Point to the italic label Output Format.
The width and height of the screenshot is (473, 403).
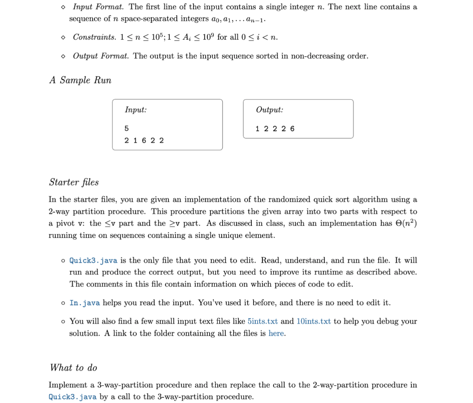point(101,56)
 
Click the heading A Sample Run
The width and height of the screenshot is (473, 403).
point(80,80)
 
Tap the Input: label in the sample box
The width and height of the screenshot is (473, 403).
point(136,110)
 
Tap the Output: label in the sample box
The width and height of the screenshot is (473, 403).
point(269,110)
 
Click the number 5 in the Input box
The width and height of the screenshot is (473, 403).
point(127,128)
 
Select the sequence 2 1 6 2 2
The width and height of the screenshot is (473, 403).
point(144,140)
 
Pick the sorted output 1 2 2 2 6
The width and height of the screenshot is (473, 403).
point(275,128)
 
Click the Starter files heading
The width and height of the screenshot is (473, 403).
point(74,182)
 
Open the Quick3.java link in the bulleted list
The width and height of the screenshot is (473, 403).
point(93,260)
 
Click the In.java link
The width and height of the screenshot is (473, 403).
point(85,303)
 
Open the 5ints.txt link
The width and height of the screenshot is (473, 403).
point(263,321)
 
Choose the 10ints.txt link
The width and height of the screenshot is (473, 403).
point(314,321)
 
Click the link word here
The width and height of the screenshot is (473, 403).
point(276,333)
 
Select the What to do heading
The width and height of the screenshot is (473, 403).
point(74,367)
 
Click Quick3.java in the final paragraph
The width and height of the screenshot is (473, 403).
point(73,397)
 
